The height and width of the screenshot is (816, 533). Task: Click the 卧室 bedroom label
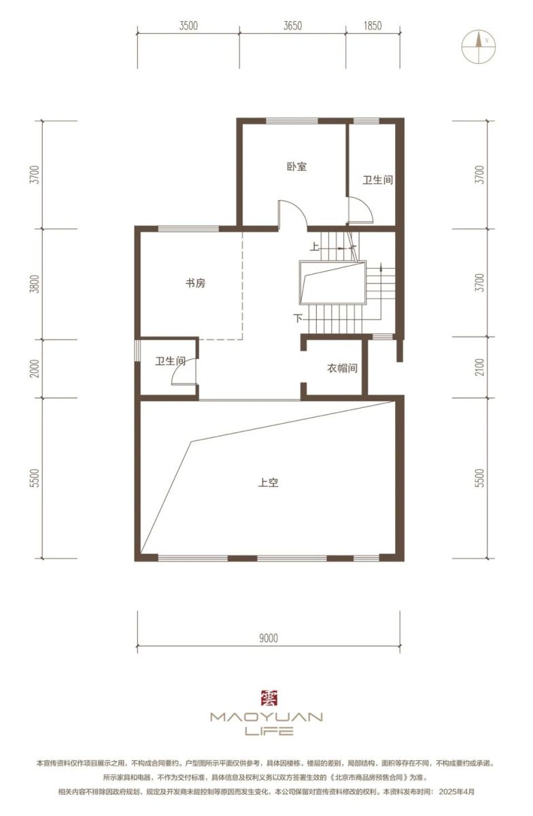click(296, 167)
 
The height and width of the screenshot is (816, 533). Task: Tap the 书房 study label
click(195, 283)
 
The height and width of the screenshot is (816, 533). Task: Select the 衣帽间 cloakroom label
click(342, 369)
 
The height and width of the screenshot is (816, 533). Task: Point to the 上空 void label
click(268, 483)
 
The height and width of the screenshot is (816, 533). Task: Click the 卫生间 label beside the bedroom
click(378, 180)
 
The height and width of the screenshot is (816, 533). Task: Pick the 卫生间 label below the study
click(171, 361)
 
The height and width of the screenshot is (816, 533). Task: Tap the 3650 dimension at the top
click(292, 26)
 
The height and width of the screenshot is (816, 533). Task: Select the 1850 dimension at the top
click(373, 26)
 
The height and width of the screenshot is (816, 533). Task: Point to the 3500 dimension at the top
click(188, 26)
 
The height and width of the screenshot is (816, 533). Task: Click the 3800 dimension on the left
click(35, 284)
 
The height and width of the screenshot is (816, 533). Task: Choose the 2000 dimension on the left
click(35, 369)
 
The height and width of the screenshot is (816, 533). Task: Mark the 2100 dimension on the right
click(481, 367)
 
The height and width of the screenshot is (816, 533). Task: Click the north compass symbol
click(479, 46)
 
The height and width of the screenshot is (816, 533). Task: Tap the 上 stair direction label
click(314, 247)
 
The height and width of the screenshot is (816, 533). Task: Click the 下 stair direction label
click(298, 318)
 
